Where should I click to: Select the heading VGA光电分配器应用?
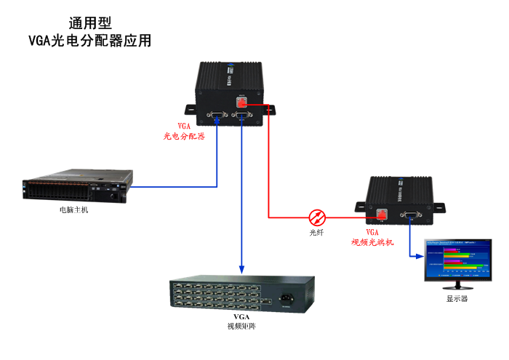point(89,41)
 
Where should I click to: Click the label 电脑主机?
point(74,210)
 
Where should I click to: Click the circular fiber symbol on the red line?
point(318,217)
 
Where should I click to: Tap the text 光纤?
point(317,233)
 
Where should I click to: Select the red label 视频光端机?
point(372,241)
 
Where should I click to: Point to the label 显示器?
point(456,299)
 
